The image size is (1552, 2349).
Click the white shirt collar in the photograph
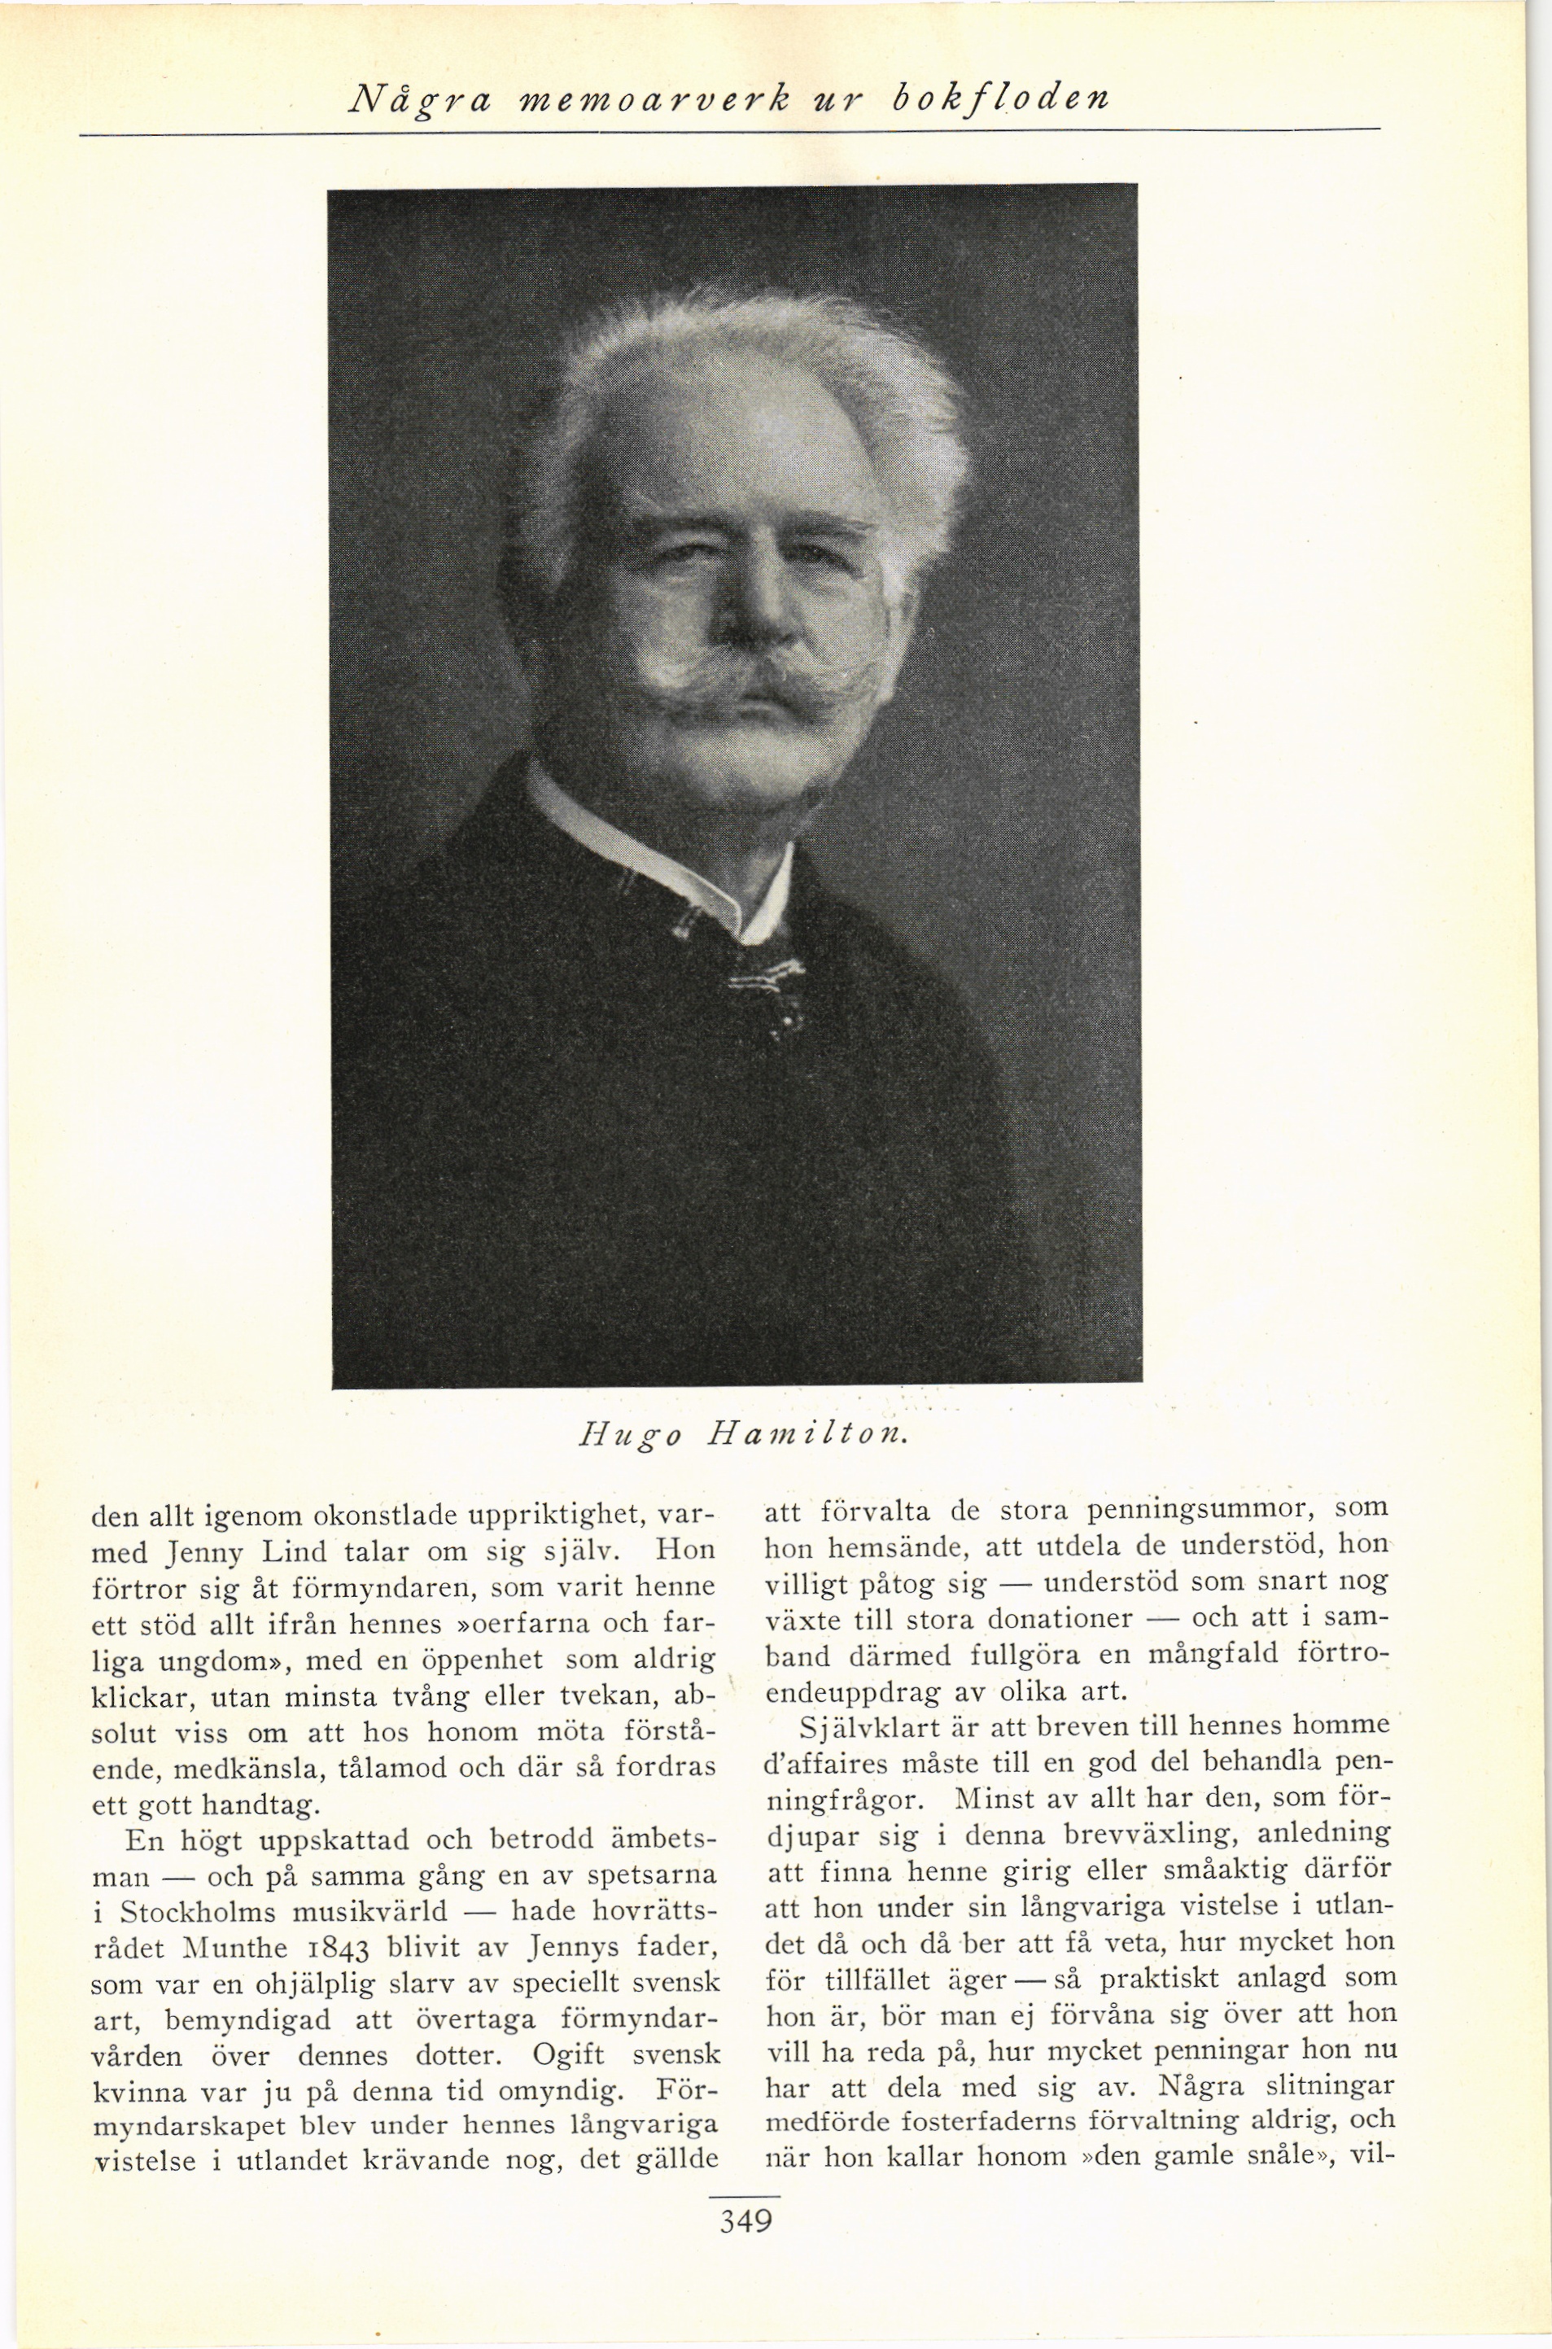tap(693, 861)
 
